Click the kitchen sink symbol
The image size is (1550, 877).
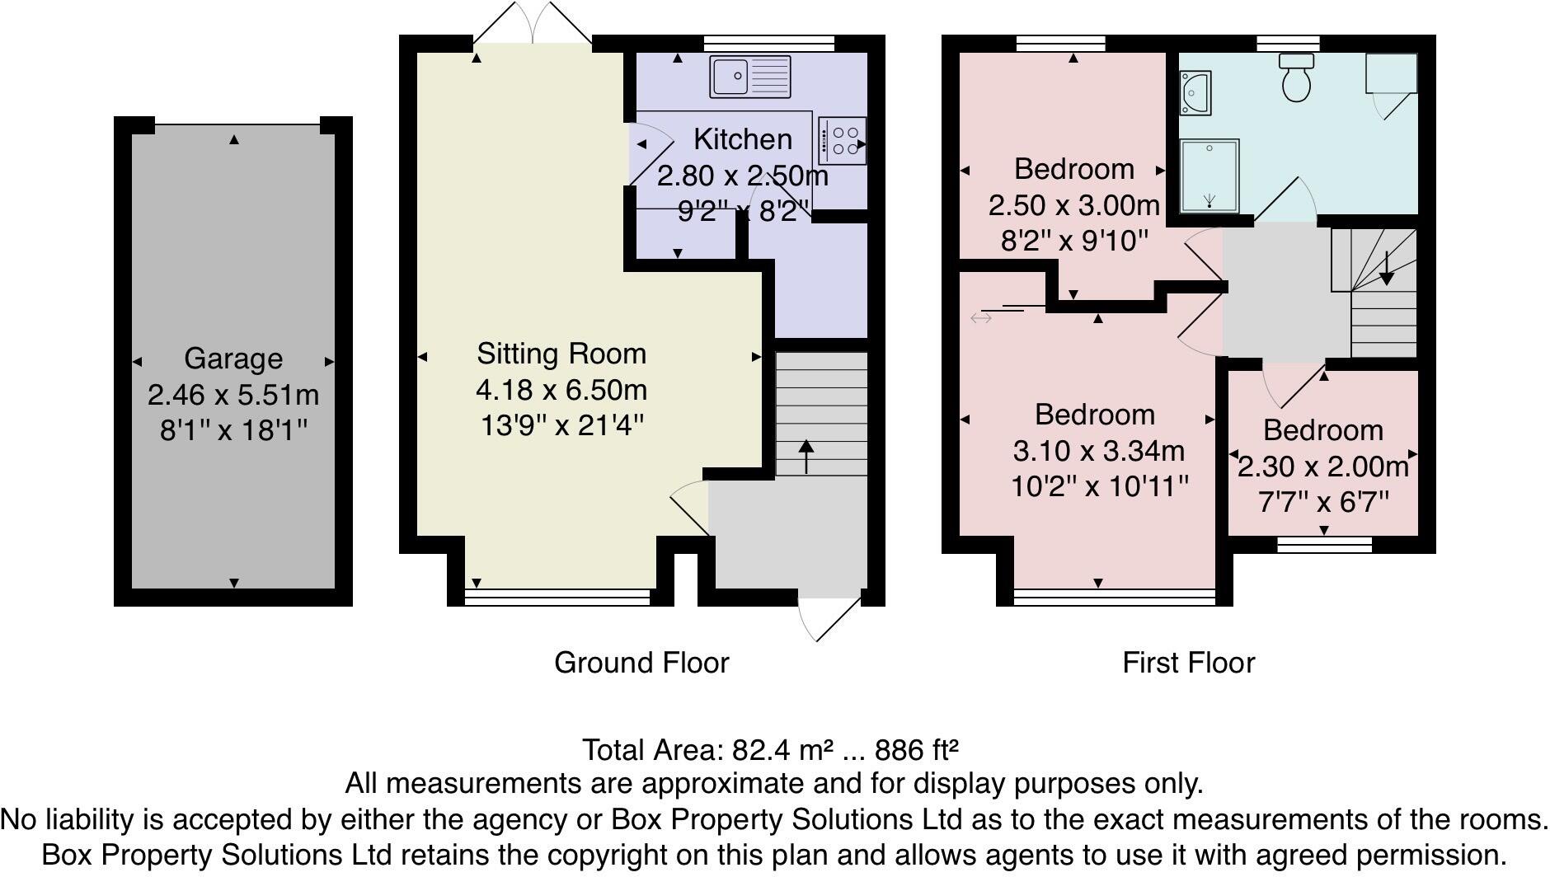(749, 76)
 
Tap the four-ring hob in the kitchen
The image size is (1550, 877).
(842, 141)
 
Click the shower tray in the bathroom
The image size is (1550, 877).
(1209, 176)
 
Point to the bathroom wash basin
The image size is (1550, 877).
(1195, 92)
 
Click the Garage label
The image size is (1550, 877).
(233, 359)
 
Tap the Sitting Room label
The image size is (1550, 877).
(561, 354)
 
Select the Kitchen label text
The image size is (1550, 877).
(742, 139)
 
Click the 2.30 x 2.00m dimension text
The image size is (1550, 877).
(1322, 467)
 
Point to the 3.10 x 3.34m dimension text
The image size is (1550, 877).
(1098, 451)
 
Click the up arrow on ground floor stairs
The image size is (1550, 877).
(806, 456)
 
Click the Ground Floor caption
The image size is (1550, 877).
(641, 663)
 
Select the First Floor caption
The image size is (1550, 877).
(1188, 663)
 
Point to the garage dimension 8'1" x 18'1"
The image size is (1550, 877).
(233, 430)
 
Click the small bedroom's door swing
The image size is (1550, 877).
(1290, 386)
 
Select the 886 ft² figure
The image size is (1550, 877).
(916, 750)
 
